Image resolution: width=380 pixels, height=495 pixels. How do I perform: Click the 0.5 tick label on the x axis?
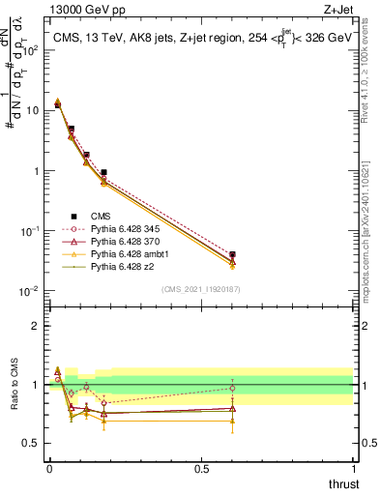(201, 470)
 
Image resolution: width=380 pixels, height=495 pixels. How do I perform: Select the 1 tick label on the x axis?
(354, 470)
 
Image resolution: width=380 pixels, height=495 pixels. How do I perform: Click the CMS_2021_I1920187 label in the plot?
(201, 288)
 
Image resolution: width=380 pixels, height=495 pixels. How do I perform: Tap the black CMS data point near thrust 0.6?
(232, 255)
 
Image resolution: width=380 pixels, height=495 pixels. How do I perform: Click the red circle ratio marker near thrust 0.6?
(232, 389)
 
